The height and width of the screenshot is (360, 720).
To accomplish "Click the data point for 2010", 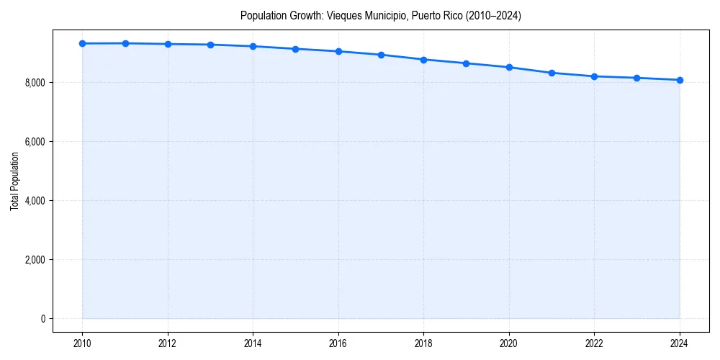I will (83, 44).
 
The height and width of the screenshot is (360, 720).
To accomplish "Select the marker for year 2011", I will (125, 43).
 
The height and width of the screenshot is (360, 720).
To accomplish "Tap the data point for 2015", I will (296, 49).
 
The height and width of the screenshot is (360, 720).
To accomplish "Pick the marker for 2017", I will (381, 55).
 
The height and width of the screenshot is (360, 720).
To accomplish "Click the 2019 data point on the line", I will (466, 63).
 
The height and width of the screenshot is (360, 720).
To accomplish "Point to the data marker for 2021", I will (552, 73).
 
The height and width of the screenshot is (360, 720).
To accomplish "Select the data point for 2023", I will (636, 78).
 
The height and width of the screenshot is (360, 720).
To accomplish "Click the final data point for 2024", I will (679, 80).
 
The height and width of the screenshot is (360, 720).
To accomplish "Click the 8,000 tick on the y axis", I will (35, 83).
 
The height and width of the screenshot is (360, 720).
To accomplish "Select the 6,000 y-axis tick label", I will (35, 142).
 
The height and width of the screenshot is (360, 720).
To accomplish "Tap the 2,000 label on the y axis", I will (35, 260).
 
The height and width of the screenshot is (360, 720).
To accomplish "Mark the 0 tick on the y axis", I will (42, 319).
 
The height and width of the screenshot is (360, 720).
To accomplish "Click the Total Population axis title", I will (14, 181).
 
